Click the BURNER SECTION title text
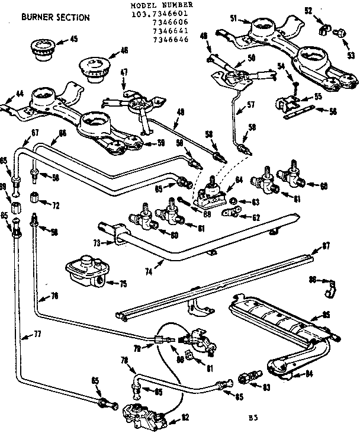pyautogui.click(x=56, y=17)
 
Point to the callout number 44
pyautogui.click(x=20, y=94)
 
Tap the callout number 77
pyautogui.click(x=37, y=335)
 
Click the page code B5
pyautogui.click(x=253, y=419)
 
